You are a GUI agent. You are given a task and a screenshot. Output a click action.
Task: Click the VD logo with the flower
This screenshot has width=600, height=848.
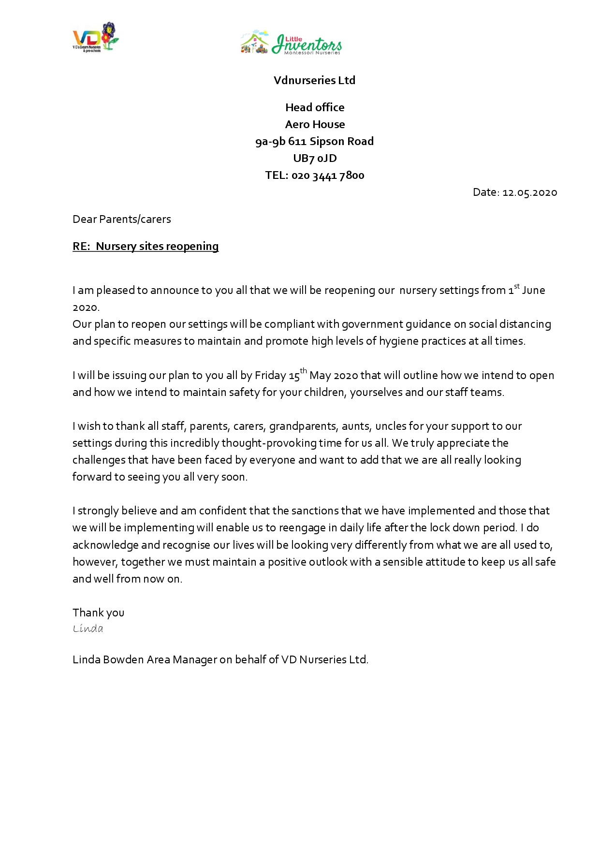click(x=95, y=37)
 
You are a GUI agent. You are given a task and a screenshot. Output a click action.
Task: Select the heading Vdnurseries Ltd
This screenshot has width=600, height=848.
click(x=314, y=80)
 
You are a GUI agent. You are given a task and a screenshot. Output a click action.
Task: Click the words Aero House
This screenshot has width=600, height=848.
click(x=315, y=124)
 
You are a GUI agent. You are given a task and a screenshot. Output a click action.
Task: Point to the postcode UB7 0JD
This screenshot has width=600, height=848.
click(x=315, y=158)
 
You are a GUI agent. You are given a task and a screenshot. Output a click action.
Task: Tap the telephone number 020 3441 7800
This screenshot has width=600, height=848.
click(x=328, y=175)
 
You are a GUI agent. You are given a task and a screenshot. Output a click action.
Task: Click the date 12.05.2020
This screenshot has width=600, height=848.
click(x=530, y=192)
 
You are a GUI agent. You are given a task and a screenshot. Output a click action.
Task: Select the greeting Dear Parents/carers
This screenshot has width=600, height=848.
click(x=122, y=219)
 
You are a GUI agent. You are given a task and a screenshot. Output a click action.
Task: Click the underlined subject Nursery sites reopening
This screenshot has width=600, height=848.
click(x=157, y=246)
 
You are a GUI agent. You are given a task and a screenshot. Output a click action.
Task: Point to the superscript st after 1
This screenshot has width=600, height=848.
click(x=517, y=286)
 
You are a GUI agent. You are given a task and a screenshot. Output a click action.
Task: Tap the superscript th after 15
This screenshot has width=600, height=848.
click(x=303, y=371)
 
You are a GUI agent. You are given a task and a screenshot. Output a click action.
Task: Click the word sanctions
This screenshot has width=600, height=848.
click(x=315, y=511)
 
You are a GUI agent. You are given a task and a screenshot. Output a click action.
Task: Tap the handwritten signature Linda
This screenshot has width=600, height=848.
click(x=88, y=629)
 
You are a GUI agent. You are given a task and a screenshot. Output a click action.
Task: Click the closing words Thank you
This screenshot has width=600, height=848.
click(x=98, y=613)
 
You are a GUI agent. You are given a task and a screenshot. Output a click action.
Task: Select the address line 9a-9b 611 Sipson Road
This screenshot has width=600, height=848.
click(x=314, y=141)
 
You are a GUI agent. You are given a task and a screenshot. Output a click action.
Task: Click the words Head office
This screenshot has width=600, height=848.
click(x=315, y=107)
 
